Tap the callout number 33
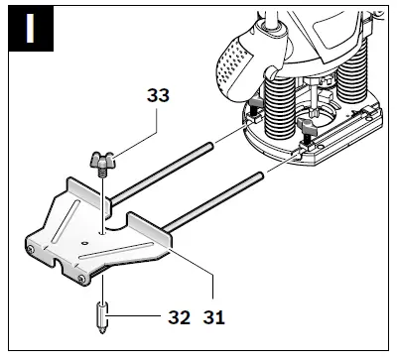(x=158, y=95)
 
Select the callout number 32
(x=179, y=317)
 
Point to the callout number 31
(x=213, y=317)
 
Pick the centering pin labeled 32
(x=103, y=318)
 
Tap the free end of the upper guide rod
(x=210, y=146)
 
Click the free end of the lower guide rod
(x=259, y=176)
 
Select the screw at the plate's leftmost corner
(x=31, y=249)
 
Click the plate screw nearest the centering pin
(x=81, y=280)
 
